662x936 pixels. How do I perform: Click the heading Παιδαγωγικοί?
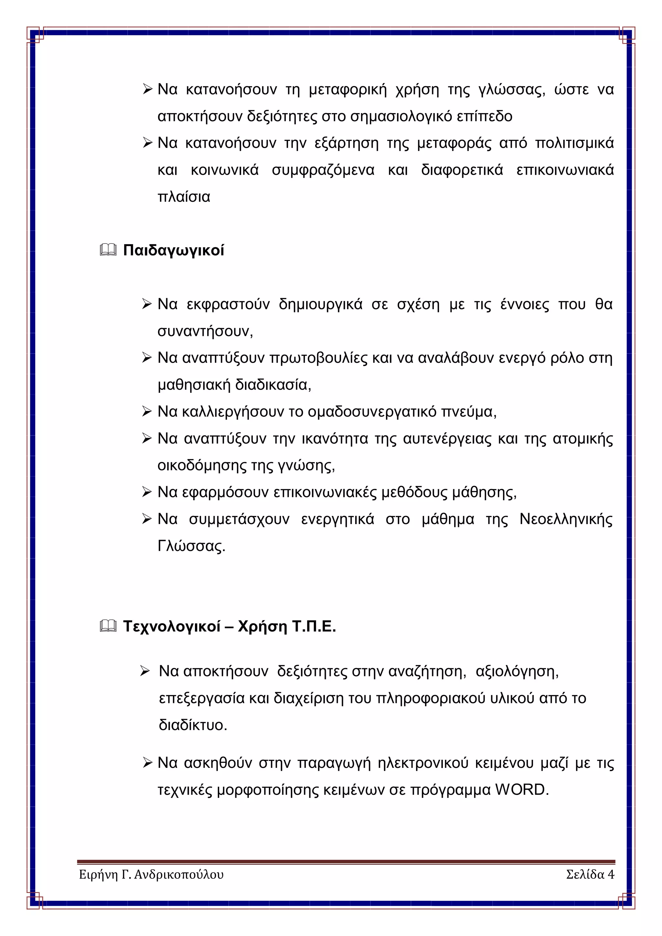(174, 250)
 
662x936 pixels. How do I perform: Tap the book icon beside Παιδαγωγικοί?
(108, 250)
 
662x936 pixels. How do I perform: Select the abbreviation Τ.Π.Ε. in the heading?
(314, 626)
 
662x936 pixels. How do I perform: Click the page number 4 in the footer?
(611, 875)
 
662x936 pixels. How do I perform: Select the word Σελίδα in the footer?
(585, 875)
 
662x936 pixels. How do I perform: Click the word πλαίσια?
(184, 197)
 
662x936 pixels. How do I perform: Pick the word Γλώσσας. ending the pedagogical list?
(191, 546)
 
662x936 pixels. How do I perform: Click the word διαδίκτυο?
(192, 725)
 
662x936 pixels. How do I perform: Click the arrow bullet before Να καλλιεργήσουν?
(147, 412)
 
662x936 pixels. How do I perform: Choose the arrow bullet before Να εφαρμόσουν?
(147, 492)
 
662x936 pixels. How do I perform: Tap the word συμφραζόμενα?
(323, 170)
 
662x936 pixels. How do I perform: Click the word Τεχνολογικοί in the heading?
(172, 626)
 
